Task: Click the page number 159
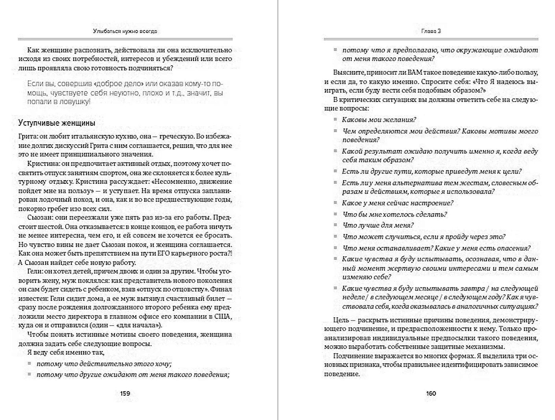click(125, 393)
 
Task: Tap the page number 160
click(431, 393)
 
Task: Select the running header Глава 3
click(431, 31)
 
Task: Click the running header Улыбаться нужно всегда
click(125, 31)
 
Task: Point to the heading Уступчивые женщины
click(57, 123)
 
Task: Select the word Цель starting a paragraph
click(341, 320)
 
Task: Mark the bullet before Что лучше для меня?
click(335, 225)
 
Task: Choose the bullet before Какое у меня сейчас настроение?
click(335, 203)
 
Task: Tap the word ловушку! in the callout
click(77, 102)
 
